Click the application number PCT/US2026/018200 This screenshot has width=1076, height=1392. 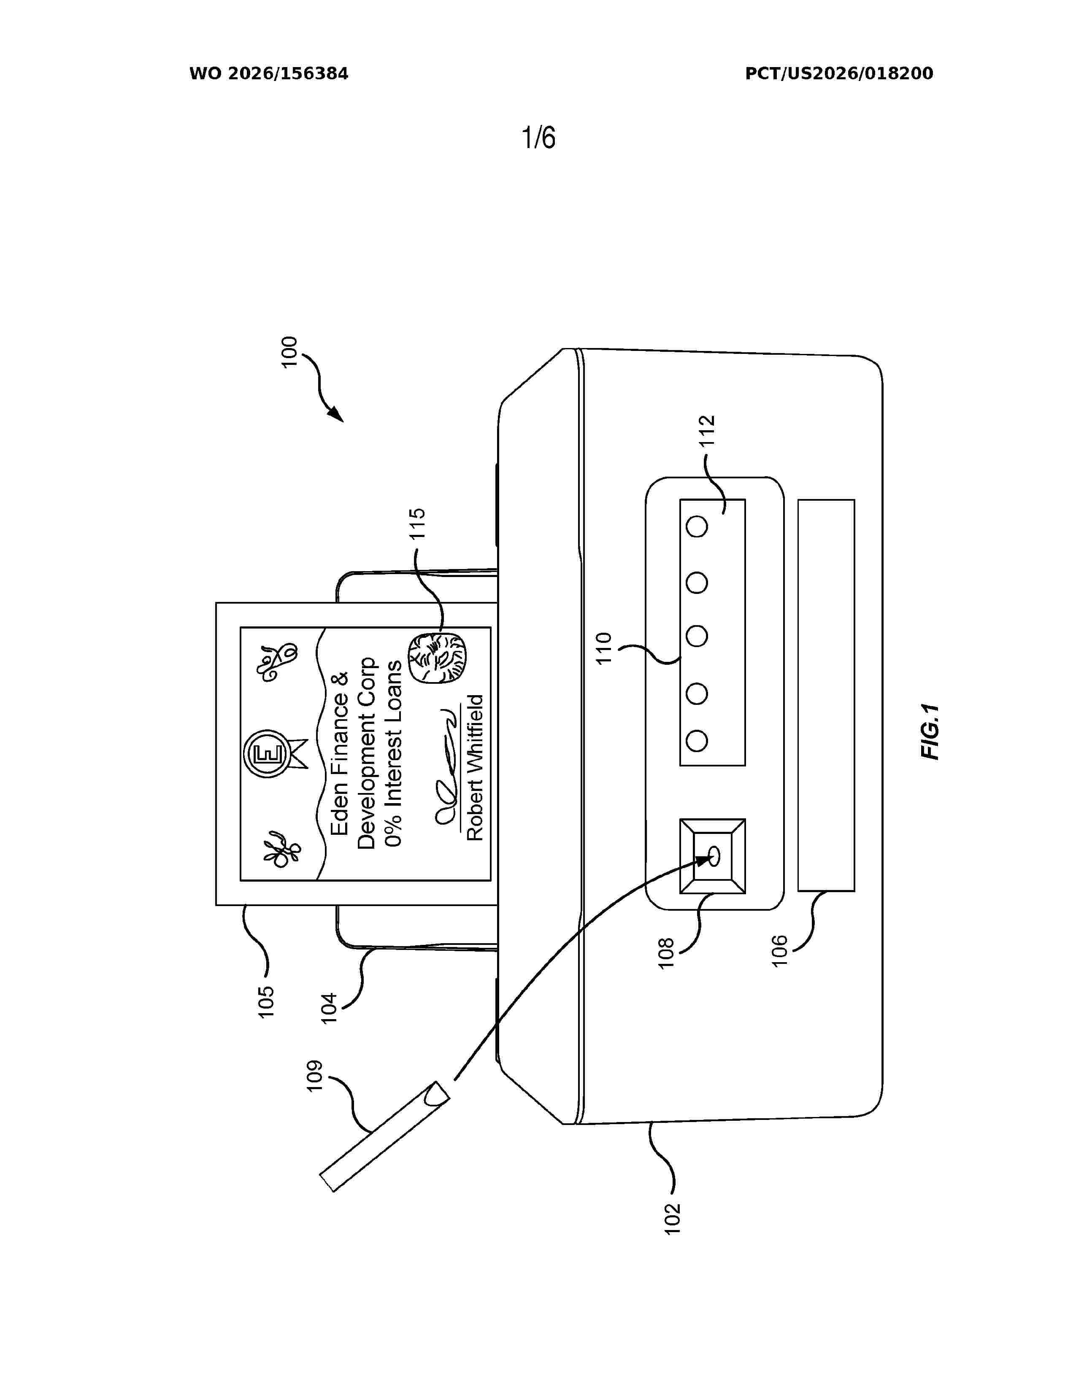pyautogui.click(x=839, y=74)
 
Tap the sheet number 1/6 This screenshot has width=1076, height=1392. pyautogui.click(x=539, y=137)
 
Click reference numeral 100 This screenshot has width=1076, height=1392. pyautogui.click(x=289, y=352)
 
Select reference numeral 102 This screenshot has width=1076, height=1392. pyautogui.click(x=673, y=1219)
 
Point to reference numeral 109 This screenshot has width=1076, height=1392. pyautogui.click(x=316, y=1076)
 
